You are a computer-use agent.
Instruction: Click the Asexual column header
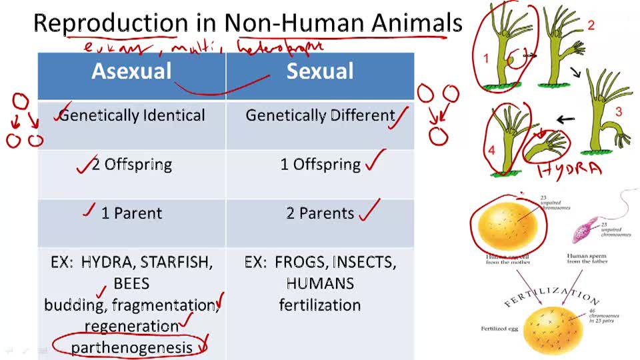tap(131, 71)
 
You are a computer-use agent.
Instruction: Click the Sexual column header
tap(320, 71)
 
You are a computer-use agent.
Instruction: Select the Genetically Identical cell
tap(132, 115)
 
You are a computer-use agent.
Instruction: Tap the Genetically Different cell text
tap(320, 115)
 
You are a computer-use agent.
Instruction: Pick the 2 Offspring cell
tap(132, 165)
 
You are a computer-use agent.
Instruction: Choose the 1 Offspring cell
tap(320, 165)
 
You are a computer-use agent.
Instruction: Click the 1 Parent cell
tap(131, 213)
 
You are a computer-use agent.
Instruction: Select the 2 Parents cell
tap(320, 213)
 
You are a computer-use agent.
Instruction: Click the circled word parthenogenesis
tap(131, 347)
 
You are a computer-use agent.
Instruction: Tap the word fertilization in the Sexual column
tap(320, 305)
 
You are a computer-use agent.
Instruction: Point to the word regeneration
tap(131, 326)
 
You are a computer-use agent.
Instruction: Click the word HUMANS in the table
tap(320, 283)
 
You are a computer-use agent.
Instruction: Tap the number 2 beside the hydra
tap(591, 25)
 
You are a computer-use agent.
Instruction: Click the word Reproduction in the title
tap(111, 23)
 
